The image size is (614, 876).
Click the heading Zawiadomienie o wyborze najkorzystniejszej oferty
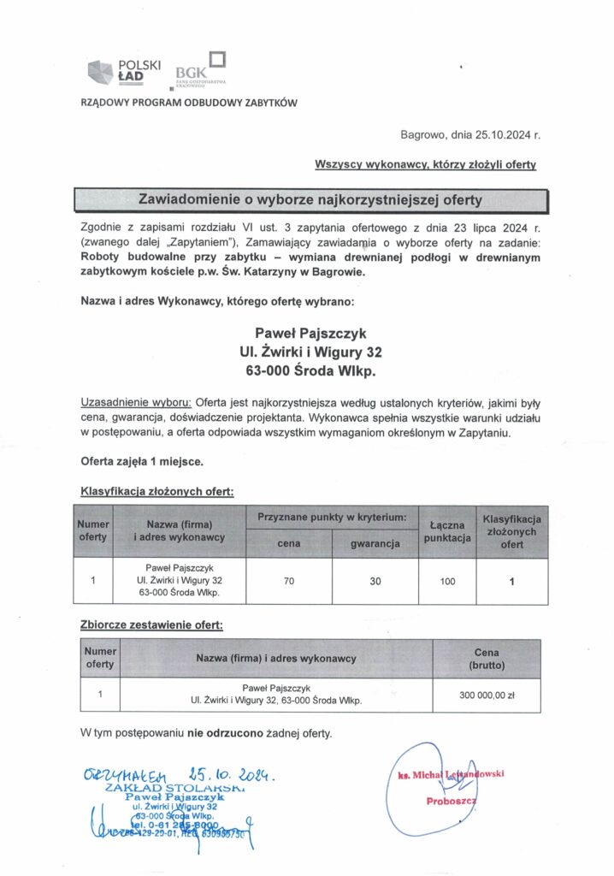pos(310,200)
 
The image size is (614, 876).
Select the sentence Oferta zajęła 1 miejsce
pos(142,461)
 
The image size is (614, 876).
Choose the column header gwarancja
pos(375,543)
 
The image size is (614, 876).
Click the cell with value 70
pos(288,581)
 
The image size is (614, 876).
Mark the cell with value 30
pos(375,581)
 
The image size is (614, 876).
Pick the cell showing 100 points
pos(447,581)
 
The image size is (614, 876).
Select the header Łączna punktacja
pos(447,531)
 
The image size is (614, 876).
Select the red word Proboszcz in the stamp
pos(451,802)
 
